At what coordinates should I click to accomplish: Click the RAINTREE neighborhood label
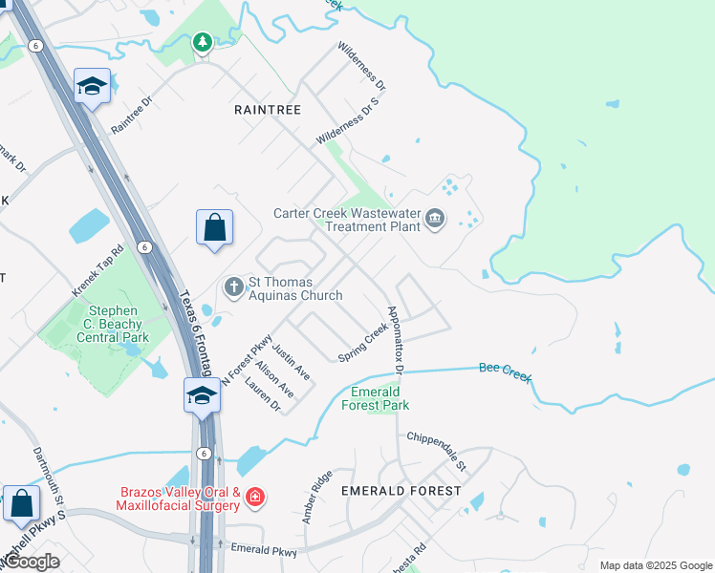click(268, 110)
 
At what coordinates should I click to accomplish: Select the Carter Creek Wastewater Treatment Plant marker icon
click(435, 220)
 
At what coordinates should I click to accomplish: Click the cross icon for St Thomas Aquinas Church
click(233, 286)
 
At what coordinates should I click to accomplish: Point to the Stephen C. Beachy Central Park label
click(119, 324)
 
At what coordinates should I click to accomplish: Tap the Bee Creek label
click(505, 371)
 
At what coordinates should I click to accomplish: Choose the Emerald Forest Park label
click(380, 398)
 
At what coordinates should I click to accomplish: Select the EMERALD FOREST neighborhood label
click(401, 491)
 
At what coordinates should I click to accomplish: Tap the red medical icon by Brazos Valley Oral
click(254, 497)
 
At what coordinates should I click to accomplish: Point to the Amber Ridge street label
click(317, 497)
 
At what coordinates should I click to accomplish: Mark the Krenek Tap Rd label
click(98, 270)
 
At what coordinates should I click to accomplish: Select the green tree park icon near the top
click(202, 42)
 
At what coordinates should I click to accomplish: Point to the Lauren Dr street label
click(263, 395)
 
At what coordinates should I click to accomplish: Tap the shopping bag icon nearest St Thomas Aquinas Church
click(215, 228)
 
